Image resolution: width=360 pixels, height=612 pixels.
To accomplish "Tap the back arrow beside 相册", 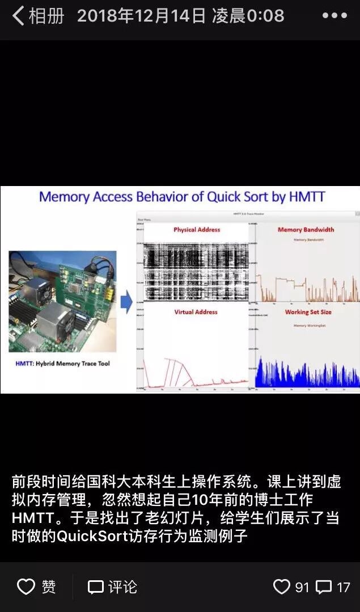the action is coord(18,16).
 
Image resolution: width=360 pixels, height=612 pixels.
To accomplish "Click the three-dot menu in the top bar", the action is coord(334,16).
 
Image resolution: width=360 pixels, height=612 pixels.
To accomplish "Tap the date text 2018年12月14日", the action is coord(141,16).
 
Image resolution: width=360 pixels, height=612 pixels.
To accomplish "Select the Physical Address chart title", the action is coord(197,230).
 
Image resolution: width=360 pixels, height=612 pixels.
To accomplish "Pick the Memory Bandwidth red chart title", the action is coord(306,230).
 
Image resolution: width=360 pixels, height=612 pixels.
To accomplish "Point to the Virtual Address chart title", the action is coord(196,312).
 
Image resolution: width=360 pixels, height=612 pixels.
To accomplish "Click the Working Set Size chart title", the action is coord(308,312).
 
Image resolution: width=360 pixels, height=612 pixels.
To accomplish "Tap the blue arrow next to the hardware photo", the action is coord(127,302).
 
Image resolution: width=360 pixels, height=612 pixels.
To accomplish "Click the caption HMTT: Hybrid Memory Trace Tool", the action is coord(62,364).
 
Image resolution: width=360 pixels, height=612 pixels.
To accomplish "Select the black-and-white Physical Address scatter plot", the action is coord(195,269).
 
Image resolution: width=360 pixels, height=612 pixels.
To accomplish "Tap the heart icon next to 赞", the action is coord(26,586).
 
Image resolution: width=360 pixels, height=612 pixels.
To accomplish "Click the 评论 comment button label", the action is coord(122,586).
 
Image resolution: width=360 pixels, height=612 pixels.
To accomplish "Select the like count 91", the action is coord(302,586).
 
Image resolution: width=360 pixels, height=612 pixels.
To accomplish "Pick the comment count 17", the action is coord(343,586).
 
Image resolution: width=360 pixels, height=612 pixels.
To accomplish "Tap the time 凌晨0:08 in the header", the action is coord(248,16).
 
